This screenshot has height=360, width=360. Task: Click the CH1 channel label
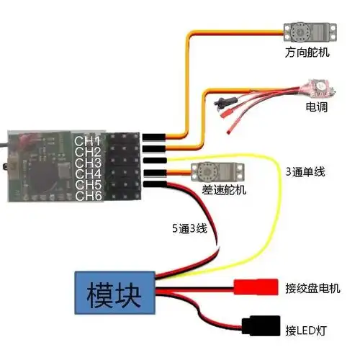click(89, 139)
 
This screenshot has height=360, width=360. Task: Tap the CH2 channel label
click(89, 150)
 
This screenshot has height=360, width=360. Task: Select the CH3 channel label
click(89, 162)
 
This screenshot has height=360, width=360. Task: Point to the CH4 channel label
click(89, 174)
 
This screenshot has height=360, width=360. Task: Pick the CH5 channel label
click(89, 185)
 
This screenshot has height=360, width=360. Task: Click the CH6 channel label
click(89, 196)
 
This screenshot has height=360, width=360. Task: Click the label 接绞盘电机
click(312, 289)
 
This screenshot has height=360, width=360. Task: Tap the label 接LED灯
click(306, 330)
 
